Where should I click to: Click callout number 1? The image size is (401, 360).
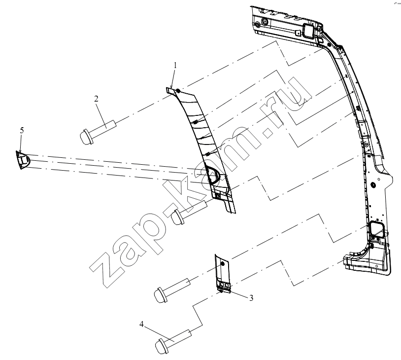[x=175, y=65]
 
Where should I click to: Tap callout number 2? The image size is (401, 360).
[x=96, y=99]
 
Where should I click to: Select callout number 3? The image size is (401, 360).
[x=251, y=298]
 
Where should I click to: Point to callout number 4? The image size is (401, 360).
[x=142, y=324]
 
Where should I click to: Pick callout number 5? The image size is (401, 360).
[x=22, y=130]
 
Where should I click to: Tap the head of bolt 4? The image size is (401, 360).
[x=161, y=347]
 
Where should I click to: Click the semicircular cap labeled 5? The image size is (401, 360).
[x=23, y=160]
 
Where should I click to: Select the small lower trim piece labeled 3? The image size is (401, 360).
[x=223, y=274]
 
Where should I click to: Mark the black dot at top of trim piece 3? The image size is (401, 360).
[x=222, y=263]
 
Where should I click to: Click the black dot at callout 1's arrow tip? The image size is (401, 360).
[x=178, y=91]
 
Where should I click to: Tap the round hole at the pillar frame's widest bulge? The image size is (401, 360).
[x=372, y=184]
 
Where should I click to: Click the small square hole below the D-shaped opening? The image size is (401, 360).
[x=218, y=196]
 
